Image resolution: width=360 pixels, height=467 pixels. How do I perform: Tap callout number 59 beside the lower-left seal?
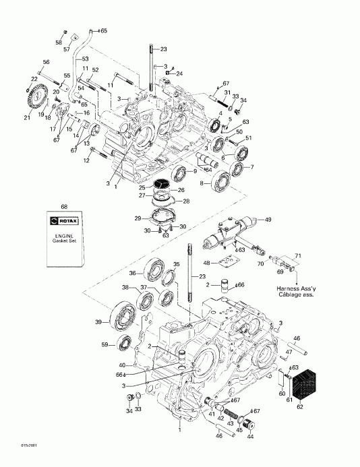pyautogui.click(x=104, y=346)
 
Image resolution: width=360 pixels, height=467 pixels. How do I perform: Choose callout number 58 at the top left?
pyautogui.click(x=59, y=42)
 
